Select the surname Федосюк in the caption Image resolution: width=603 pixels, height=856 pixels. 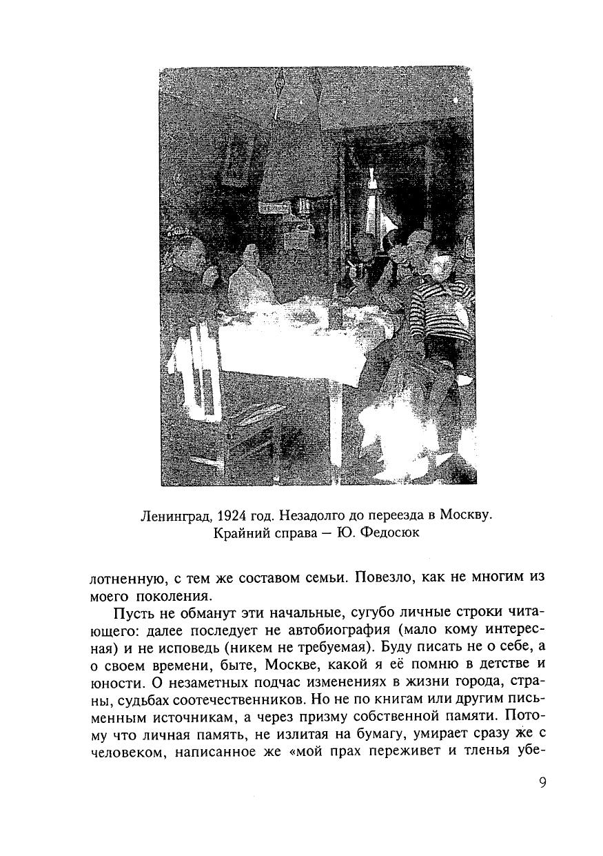tap(388, 533)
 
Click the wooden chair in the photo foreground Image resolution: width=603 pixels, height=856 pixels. tap(227, 414)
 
